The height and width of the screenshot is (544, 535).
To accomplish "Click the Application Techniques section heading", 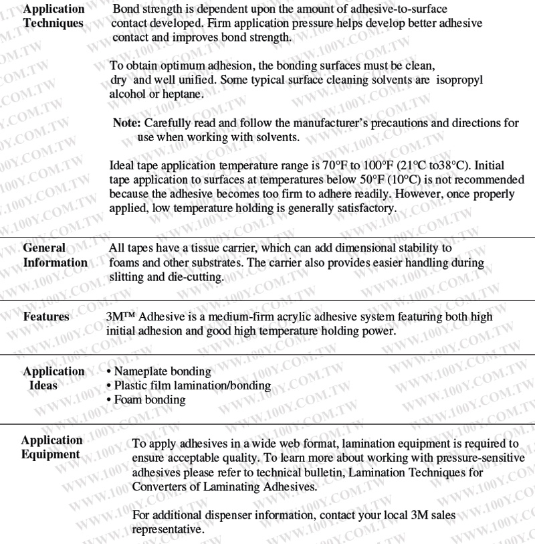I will pyautogui.click(x=53, y=16).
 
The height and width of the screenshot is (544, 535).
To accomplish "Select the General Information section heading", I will pyautogui.click(x=55, y=255).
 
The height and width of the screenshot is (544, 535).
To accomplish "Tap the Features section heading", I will pyautogui.click(x=46, y=316).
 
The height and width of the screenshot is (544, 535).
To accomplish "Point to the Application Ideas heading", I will pyautogui.click(x=53, y=378).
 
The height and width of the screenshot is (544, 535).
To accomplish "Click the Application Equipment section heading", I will pyautogui.click(x=51, y=448).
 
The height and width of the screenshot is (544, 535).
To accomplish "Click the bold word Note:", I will pyautogui.click(x=127, y=123).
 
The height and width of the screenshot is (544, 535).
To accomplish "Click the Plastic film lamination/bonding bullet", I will pyautogui.click(x=192, y=385).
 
